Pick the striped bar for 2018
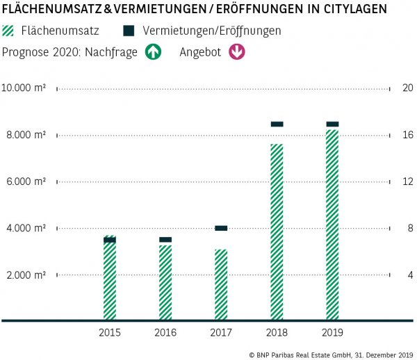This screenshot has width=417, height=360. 277,233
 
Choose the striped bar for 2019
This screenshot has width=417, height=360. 332,226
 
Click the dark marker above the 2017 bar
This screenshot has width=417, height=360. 221,228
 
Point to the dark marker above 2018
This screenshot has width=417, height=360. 277,124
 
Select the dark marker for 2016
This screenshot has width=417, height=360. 165,240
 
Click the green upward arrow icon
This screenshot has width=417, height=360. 153,52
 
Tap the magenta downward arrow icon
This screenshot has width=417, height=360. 236,52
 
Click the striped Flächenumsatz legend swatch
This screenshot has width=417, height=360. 9,31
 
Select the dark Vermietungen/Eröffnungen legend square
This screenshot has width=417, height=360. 129,31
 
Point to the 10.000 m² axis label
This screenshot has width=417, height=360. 24,88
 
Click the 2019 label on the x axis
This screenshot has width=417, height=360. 332,333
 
